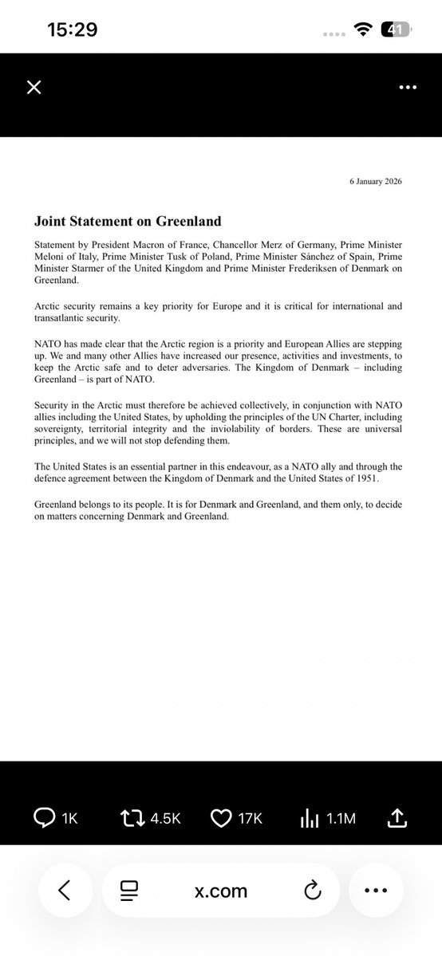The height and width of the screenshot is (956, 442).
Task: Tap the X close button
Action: pyautogui.click(x=34, y=87)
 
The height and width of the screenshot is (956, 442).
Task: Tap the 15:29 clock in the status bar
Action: pyautogui.click(x=72, y=30)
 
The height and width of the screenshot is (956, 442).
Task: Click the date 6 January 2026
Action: pyautogui.click(x=376, y=182)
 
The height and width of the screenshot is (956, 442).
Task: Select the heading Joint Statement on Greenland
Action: pyautogui.click(x=127, y=221)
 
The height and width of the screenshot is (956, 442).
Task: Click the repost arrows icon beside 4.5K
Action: pyautogui.click(x=131, y=816)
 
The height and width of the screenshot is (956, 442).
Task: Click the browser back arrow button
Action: pyautogui.click(x=65, y=891)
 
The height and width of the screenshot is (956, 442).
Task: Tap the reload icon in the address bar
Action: pyautogui.click(x=312, y=891)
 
